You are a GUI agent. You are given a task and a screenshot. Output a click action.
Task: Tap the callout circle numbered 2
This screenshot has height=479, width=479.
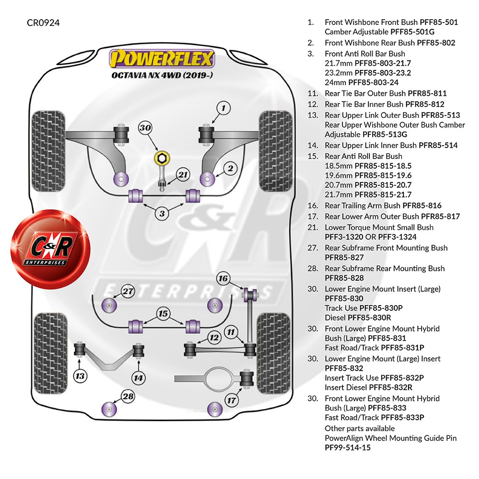coord(230,168)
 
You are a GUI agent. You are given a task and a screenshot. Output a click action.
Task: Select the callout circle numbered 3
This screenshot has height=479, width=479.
coord(163,213)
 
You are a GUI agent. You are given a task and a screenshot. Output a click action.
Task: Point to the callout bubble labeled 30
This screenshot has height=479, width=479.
coord(145,128)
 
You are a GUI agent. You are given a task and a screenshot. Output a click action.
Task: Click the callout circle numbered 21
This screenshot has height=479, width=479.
coord(182,175)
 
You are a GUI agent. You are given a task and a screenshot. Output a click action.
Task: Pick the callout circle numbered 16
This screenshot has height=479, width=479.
coord(223,278)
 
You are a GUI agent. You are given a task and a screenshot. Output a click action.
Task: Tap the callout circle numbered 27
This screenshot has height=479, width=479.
coord(127,291)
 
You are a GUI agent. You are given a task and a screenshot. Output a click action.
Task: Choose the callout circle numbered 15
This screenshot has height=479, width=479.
coord(163,314)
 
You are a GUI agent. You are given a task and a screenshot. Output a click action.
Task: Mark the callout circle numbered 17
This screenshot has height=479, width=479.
coord(232,400)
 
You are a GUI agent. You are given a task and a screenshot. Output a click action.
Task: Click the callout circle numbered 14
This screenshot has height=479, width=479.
coord(138,377)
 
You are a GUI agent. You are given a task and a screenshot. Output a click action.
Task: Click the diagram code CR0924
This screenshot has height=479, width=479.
coord(43,23)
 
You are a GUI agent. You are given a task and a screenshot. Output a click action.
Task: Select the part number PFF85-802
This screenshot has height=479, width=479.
coord(436,43)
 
